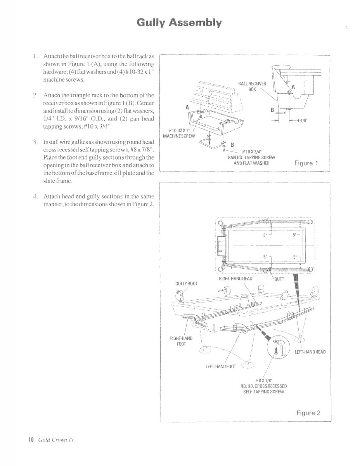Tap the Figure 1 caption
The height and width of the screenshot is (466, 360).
click(x=306, y=163)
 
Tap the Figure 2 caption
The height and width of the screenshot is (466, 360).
click(x=308, y=413)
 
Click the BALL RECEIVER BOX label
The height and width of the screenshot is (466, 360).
click(x=252, y=86)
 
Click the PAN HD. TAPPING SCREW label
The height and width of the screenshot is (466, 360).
click(x=251, y=157)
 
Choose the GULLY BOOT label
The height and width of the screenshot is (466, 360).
click(x=186, y=283)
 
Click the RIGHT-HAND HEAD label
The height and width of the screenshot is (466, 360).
click(x=235, y=278)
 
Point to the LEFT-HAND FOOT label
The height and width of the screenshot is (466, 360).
click(x=220, y=366)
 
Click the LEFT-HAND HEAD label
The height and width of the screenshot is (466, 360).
click(x=310, y=352)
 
